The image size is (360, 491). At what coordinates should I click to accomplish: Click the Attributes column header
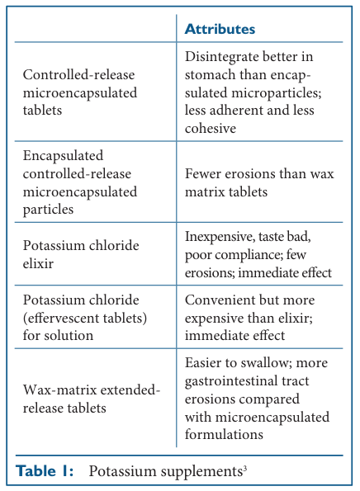(219, 29)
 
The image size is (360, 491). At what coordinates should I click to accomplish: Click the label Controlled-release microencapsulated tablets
(79, 90)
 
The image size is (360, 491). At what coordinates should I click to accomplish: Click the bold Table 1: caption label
(46, 471)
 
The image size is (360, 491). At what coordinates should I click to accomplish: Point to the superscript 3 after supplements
(245, 468)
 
